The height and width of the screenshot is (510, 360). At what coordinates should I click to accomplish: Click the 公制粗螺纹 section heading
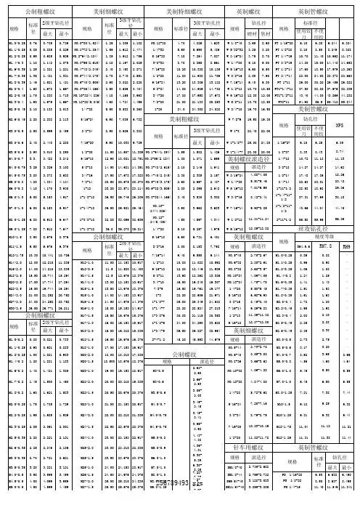40,12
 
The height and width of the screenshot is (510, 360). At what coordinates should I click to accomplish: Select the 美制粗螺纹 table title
108,12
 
